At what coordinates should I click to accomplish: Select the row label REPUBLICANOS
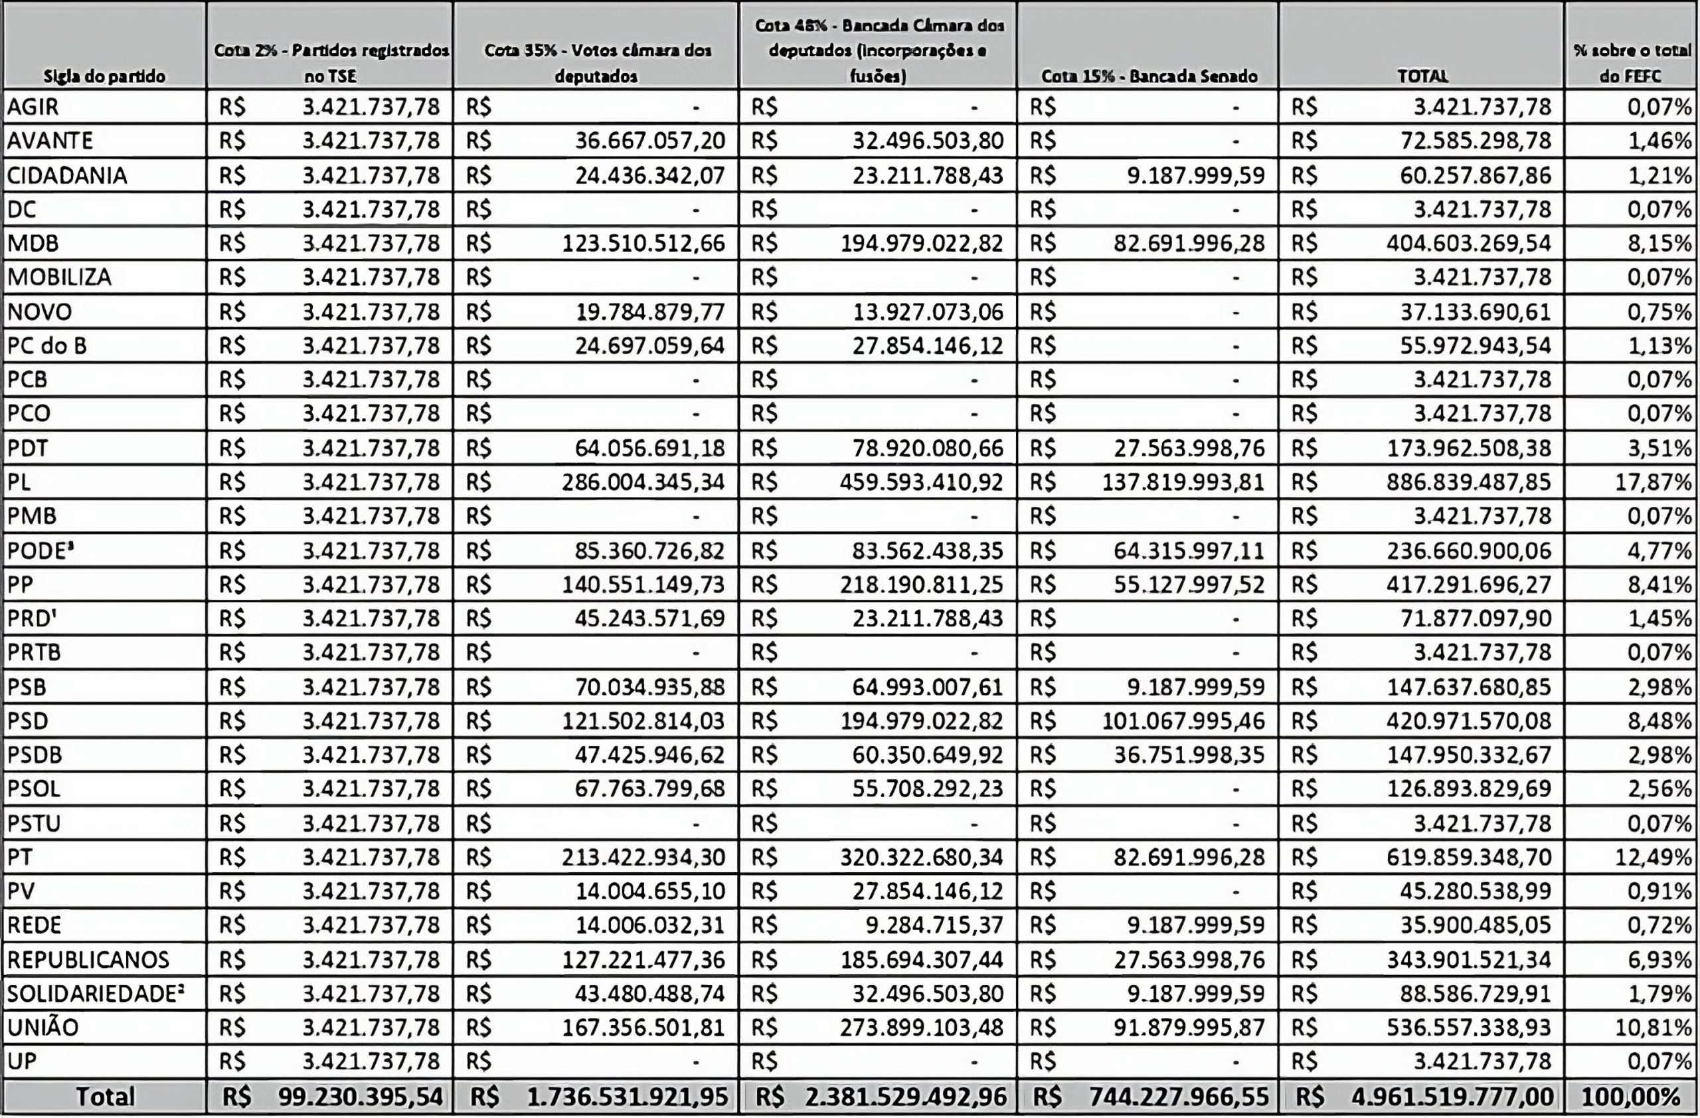[x=88, y=959]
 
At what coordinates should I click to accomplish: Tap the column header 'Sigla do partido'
[x=104, y=76]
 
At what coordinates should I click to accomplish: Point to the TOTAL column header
[x=1422, y=76]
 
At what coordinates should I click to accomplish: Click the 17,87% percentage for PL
[x=1653, y=482]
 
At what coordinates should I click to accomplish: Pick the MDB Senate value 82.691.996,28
[x=1189, y=244]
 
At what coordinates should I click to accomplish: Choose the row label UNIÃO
[x=43, y=1027]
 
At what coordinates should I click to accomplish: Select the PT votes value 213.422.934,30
[x=643, y=856]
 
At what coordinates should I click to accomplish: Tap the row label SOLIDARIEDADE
[x=95, y=994]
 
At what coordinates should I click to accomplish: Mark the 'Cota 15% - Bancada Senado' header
[x=1149, y=76]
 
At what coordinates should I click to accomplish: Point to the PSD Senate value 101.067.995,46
[x=1183, y=721]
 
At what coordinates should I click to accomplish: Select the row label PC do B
[x=47, y=345]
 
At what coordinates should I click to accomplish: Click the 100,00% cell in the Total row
[x=1632, y=1097]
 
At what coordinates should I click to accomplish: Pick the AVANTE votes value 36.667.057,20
[x=650, y=141]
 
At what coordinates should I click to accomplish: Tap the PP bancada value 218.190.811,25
[x=922, y=585]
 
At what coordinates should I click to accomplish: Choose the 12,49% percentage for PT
[x=1653, y=856]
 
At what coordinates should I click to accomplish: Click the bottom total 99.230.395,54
[x=361, y=1097]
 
